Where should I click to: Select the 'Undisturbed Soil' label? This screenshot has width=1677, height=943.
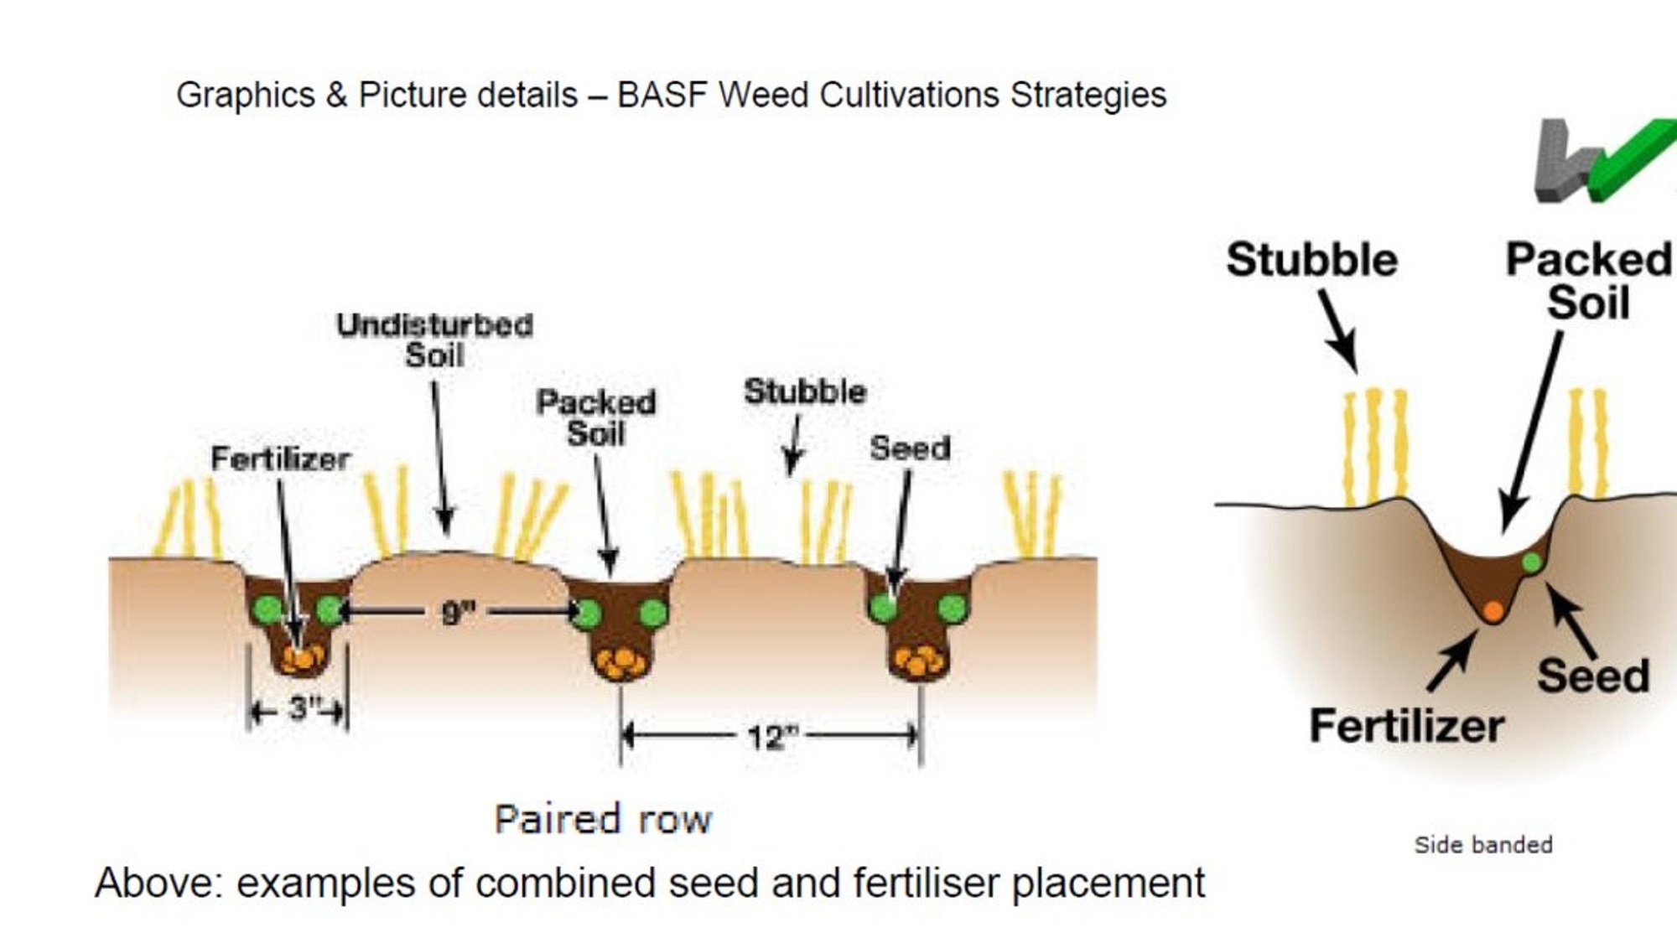click(x=434, y=340)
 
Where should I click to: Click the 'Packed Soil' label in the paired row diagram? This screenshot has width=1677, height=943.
click(x=596, y=417)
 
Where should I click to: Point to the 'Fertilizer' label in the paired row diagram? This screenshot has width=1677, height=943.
click(x=280, y=459)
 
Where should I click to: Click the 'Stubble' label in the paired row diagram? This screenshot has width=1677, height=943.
click(x=805, y=391)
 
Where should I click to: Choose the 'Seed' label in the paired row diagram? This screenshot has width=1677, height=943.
click(x=910, y=448)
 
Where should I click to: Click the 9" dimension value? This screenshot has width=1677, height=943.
click(x=458, y=613)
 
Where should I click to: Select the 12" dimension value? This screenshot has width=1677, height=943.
click(x=770, y=738)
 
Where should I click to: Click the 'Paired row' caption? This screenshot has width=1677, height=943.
click(x=603, y=820)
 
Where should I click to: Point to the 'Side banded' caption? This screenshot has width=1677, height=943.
click(x=1482, y=844)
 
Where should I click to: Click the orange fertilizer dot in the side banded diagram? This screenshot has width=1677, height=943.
click(x=1493, y=611)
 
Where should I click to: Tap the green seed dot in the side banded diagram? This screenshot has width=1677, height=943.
click(x=1531, y=562)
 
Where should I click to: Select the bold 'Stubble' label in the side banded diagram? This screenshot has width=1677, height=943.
click(x=1311, y=260)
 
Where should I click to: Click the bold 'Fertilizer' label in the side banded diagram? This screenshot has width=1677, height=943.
click(x=1406, y=726)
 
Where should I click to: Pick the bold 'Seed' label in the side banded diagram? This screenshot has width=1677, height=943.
click(x=1593, y=676)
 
